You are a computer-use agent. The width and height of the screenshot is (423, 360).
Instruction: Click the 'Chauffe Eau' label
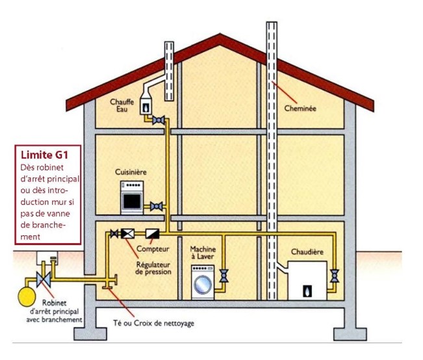click(122, 105)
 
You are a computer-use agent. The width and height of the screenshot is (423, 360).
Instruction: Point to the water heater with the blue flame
click(146, 103)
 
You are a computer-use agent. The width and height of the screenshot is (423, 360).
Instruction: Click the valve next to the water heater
click(159, 120)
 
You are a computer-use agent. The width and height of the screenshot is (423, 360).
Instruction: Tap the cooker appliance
click(131, 197)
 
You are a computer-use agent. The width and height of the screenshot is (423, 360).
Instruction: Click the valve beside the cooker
click(157, 207)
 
